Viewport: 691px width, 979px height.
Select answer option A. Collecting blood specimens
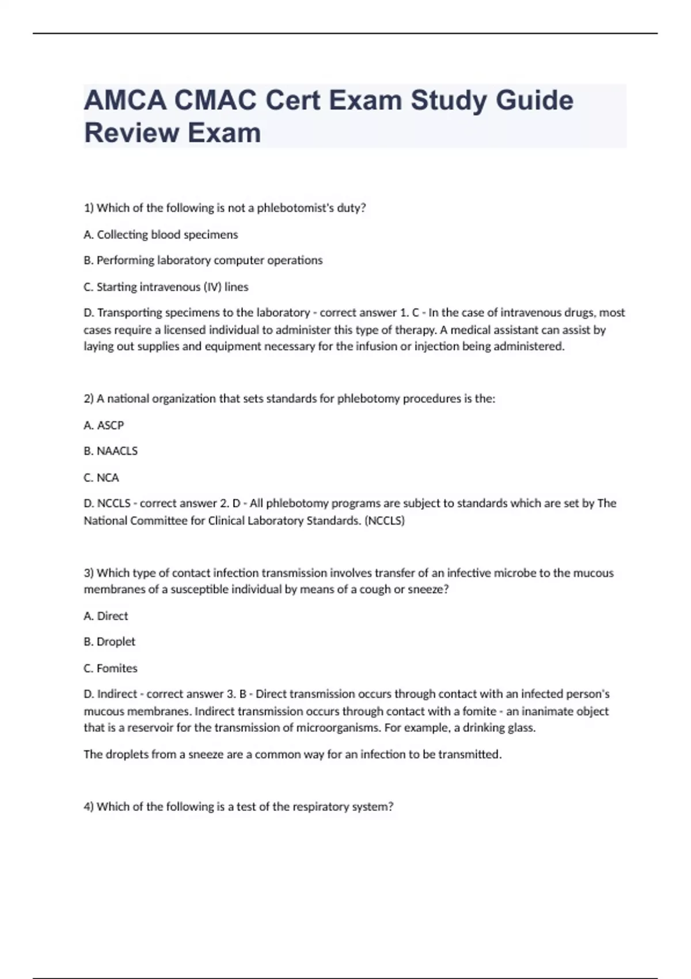click(161, 234)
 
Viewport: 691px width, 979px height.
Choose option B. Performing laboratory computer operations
click(203, 260)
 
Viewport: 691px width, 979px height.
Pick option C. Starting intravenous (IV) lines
click(166, 287)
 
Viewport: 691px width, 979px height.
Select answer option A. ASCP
click(104, 425)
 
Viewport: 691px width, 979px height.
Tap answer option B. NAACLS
click(111, 451)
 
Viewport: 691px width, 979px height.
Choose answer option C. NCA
click(101, 477)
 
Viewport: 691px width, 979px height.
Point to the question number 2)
click(89, 399)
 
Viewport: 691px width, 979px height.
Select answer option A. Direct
click(106, 616)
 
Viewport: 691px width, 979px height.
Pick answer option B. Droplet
click(109, 642)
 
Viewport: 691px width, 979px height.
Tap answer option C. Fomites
click(111, 668)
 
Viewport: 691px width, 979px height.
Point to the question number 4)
click(89, 806)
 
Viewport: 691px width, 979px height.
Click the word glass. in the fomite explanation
click(520, 727)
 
